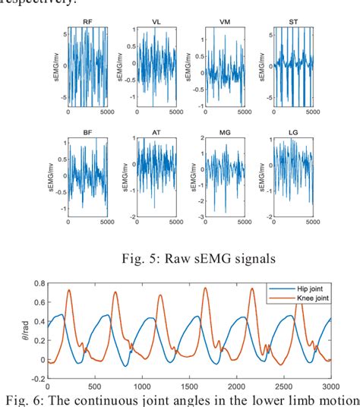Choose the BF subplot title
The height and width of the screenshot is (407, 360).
[x=88, y=133]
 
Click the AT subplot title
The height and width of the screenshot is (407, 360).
[x=156, y=133]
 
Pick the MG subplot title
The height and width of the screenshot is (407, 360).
[x=226, y=133]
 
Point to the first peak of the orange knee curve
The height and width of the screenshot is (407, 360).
[x=69, y=289]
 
